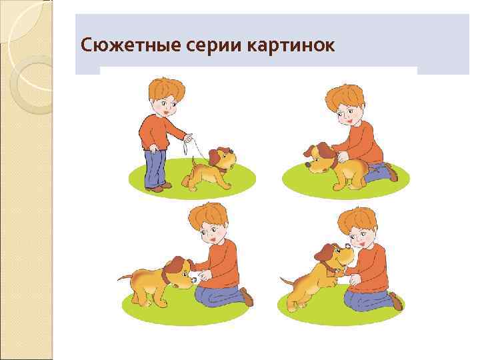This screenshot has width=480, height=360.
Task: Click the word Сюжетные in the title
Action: (119, 45)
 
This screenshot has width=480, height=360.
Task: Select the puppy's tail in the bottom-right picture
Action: (285, 280)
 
